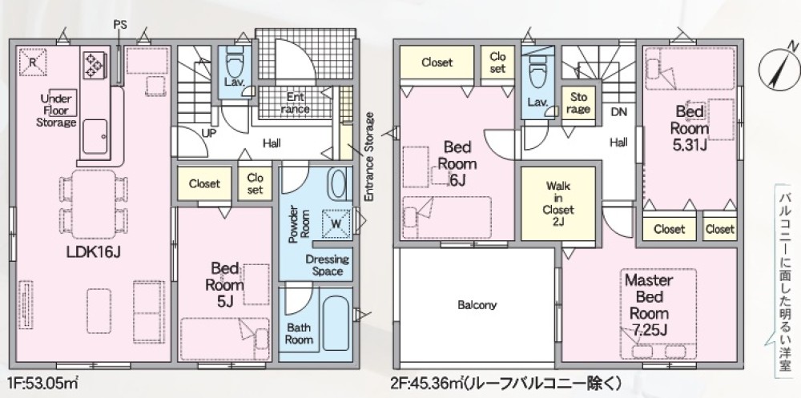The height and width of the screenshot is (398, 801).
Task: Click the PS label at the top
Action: coord(120,24)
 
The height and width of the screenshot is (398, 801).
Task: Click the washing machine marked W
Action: coord(336,224)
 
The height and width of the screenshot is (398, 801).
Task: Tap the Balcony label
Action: coord(477,304)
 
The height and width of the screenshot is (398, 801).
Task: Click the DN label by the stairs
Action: coord(618,112)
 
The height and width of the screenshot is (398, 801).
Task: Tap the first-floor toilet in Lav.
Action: coord(235,62)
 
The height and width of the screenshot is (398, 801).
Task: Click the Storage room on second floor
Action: coord(578,103)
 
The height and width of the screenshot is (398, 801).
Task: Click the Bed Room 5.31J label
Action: coord(690,128)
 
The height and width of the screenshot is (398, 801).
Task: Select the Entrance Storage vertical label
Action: coord(369,156)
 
